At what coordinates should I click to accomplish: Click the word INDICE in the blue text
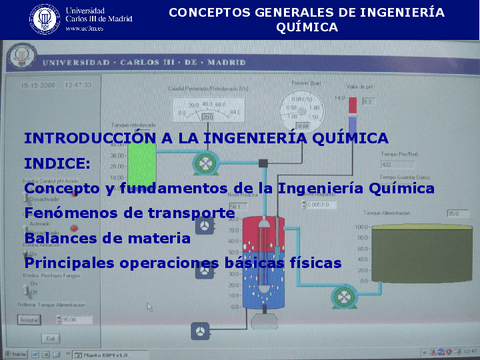click(x=56, y=162)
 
